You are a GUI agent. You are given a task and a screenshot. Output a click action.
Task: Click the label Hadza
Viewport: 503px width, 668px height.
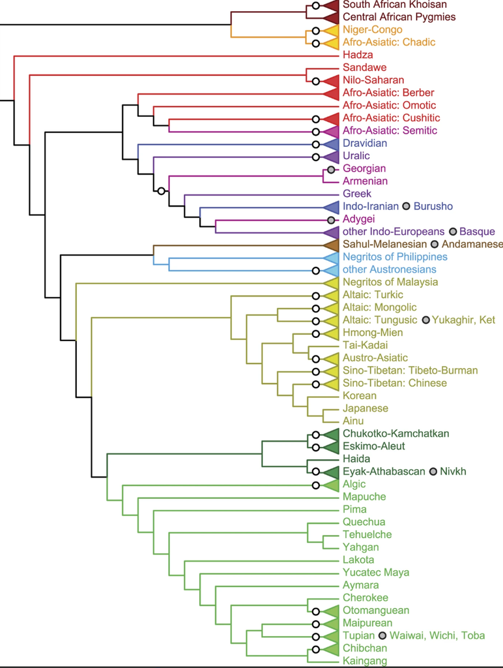[x=358, y=55]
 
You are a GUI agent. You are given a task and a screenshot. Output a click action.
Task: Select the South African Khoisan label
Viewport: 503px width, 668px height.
[x=394, y=5]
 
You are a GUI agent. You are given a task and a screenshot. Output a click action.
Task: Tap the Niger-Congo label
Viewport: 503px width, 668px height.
[x=372, y=30]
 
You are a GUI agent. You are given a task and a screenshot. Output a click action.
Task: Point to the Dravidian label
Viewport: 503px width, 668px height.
[x=365, y=143]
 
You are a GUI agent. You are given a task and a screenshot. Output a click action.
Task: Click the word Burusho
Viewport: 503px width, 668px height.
[x=433, y=206]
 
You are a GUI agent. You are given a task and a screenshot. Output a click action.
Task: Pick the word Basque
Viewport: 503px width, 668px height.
[x=477, y=232]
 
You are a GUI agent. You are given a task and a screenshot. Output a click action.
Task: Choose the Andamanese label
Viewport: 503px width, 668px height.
[x=472, y=244]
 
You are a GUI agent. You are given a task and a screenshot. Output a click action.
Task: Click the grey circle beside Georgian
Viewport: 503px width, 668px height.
[x=331, y=170]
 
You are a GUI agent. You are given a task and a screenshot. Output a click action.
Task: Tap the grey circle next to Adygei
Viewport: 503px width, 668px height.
[x=331, y=220]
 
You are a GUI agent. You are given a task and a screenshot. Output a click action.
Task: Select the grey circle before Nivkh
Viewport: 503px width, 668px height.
[x=433, y=472]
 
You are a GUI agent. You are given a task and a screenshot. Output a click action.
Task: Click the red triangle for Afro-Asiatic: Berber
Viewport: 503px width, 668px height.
[x=331, y=93]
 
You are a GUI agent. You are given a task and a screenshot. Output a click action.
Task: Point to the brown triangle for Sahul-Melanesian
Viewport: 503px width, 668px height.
[x=331, y=245]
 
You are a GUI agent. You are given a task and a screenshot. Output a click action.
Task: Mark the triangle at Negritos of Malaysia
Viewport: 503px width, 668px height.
[x=331, y=282]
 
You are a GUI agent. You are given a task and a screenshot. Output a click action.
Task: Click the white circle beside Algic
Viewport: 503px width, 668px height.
[x=315, y=485]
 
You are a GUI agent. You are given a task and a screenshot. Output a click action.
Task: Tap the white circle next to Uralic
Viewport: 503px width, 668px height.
[x=315, y=157]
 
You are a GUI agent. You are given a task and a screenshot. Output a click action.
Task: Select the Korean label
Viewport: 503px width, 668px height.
[x=360, y=396]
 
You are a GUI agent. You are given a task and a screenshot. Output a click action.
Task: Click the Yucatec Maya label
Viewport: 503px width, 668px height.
[x=376, y=573]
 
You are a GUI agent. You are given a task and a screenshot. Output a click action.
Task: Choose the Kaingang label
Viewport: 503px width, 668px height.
[x=365, y=661]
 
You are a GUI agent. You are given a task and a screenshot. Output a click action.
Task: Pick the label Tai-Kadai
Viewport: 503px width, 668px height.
[x=365, y=345]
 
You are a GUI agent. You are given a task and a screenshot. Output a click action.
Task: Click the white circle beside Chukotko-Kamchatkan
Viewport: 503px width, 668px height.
[x=315, y=435]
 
